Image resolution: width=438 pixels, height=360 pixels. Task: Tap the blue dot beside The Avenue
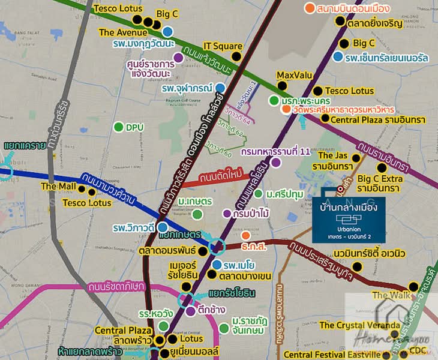click(x=167, y=32)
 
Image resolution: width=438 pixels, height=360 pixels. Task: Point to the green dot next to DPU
click(x=118, y=127)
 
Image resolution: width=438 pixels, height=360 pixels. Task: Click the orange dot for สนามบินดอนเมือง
click(x=309, y=8)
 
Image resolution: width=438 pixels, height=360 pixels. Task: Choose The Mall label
click(x=58, y=187)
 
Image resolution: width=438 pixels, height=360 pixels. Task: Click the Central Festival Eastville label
click(x=331, y=355)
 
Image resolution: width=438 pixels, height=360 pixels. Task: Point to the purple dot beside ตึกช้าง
click(x=190, y=311)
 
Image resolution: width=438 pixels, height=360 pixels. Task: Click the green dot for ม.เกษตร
click(x=197, y=214)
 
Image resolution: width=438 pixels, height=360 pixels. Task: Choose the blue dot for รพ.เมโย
click(x=217, y=265)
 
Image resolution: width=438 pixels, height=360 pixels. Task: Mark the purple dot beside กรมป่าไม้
click(x=227, y=214)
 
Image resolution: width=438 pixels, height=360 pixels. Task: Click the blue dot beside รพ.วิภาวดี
click(x=162, y=227)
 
